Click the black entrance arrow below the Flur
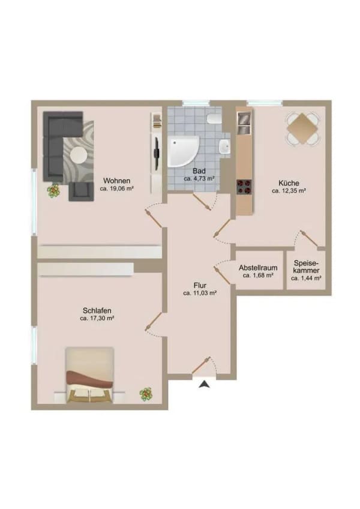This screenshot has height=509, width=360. (x=204, y=384)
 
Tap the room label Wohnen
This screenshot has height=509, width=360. (x=116, y=181)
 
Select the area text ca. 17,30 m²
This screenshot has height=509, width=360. (x=97, y=319)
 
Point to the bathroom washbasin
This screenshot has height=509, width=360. (x=224, y=146)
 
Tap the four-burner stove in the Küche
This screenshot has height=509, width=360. (x=244, y=187)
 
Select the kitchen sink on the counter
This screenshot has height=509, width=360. (x=244, y=123)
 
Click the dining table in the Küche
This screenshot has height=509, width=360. (x=302, y=128)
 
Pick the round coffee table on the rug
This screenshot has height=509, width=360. (x=79, y=155)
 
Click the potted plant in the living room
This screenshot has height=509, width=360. (x=53, y=190)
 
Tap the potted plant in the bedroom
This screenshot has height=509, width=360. (x=146, y=394)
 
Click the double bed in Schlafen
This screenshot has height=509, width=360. (x=90, y=375)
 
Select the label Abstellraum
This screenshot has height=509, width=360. (x=258, y=268)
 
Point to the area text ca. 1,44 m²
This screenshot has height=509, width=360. (x=306, y=278)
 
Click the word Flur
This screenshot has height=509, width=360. (x=200, y=286)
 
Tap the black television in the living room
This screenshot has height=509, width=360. (x=157, y=154)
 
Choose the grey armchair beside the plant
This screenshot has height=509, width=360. (x=80, y=192)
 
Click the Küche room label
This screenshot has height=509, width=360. (x=289, y=183)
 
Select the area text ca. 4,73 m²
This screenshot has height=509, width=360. (x=199, y=178)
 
